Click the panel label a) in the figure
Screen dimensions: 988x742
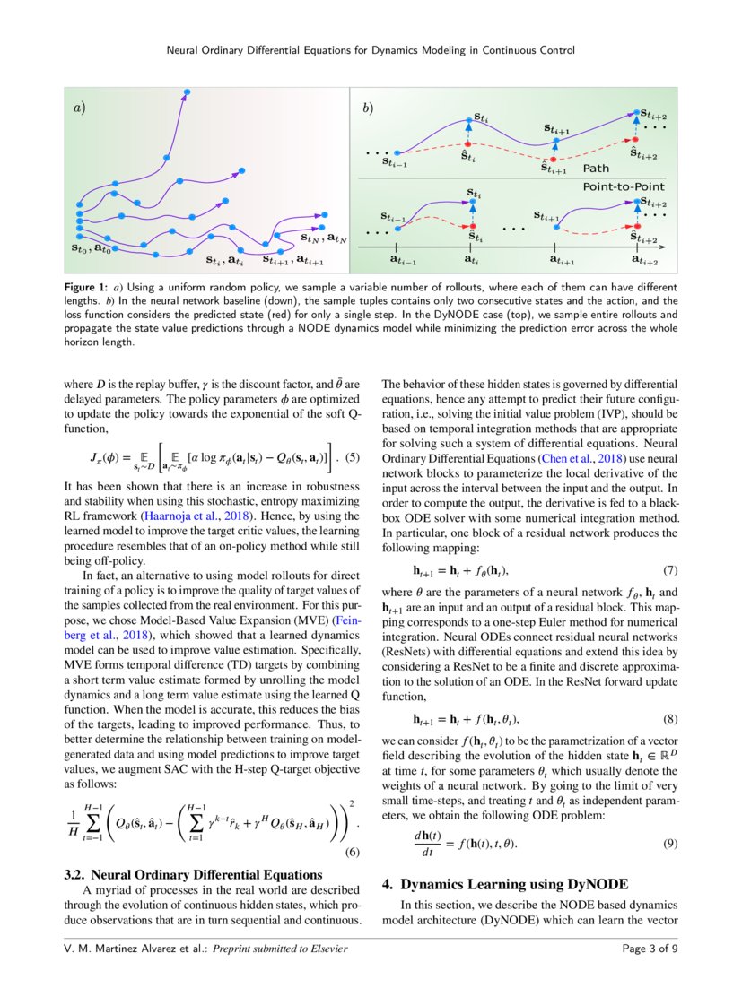79,108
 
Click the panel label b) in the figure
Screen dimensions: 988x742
368,108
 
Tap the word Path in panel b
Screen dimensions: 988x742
596,169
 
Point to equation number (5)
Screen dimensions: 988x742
353,458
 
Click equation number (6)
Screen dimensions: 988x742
353,853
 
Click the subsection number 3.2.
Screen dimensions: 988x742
74,874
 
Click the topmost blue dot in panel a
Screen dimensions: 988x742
187,91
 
